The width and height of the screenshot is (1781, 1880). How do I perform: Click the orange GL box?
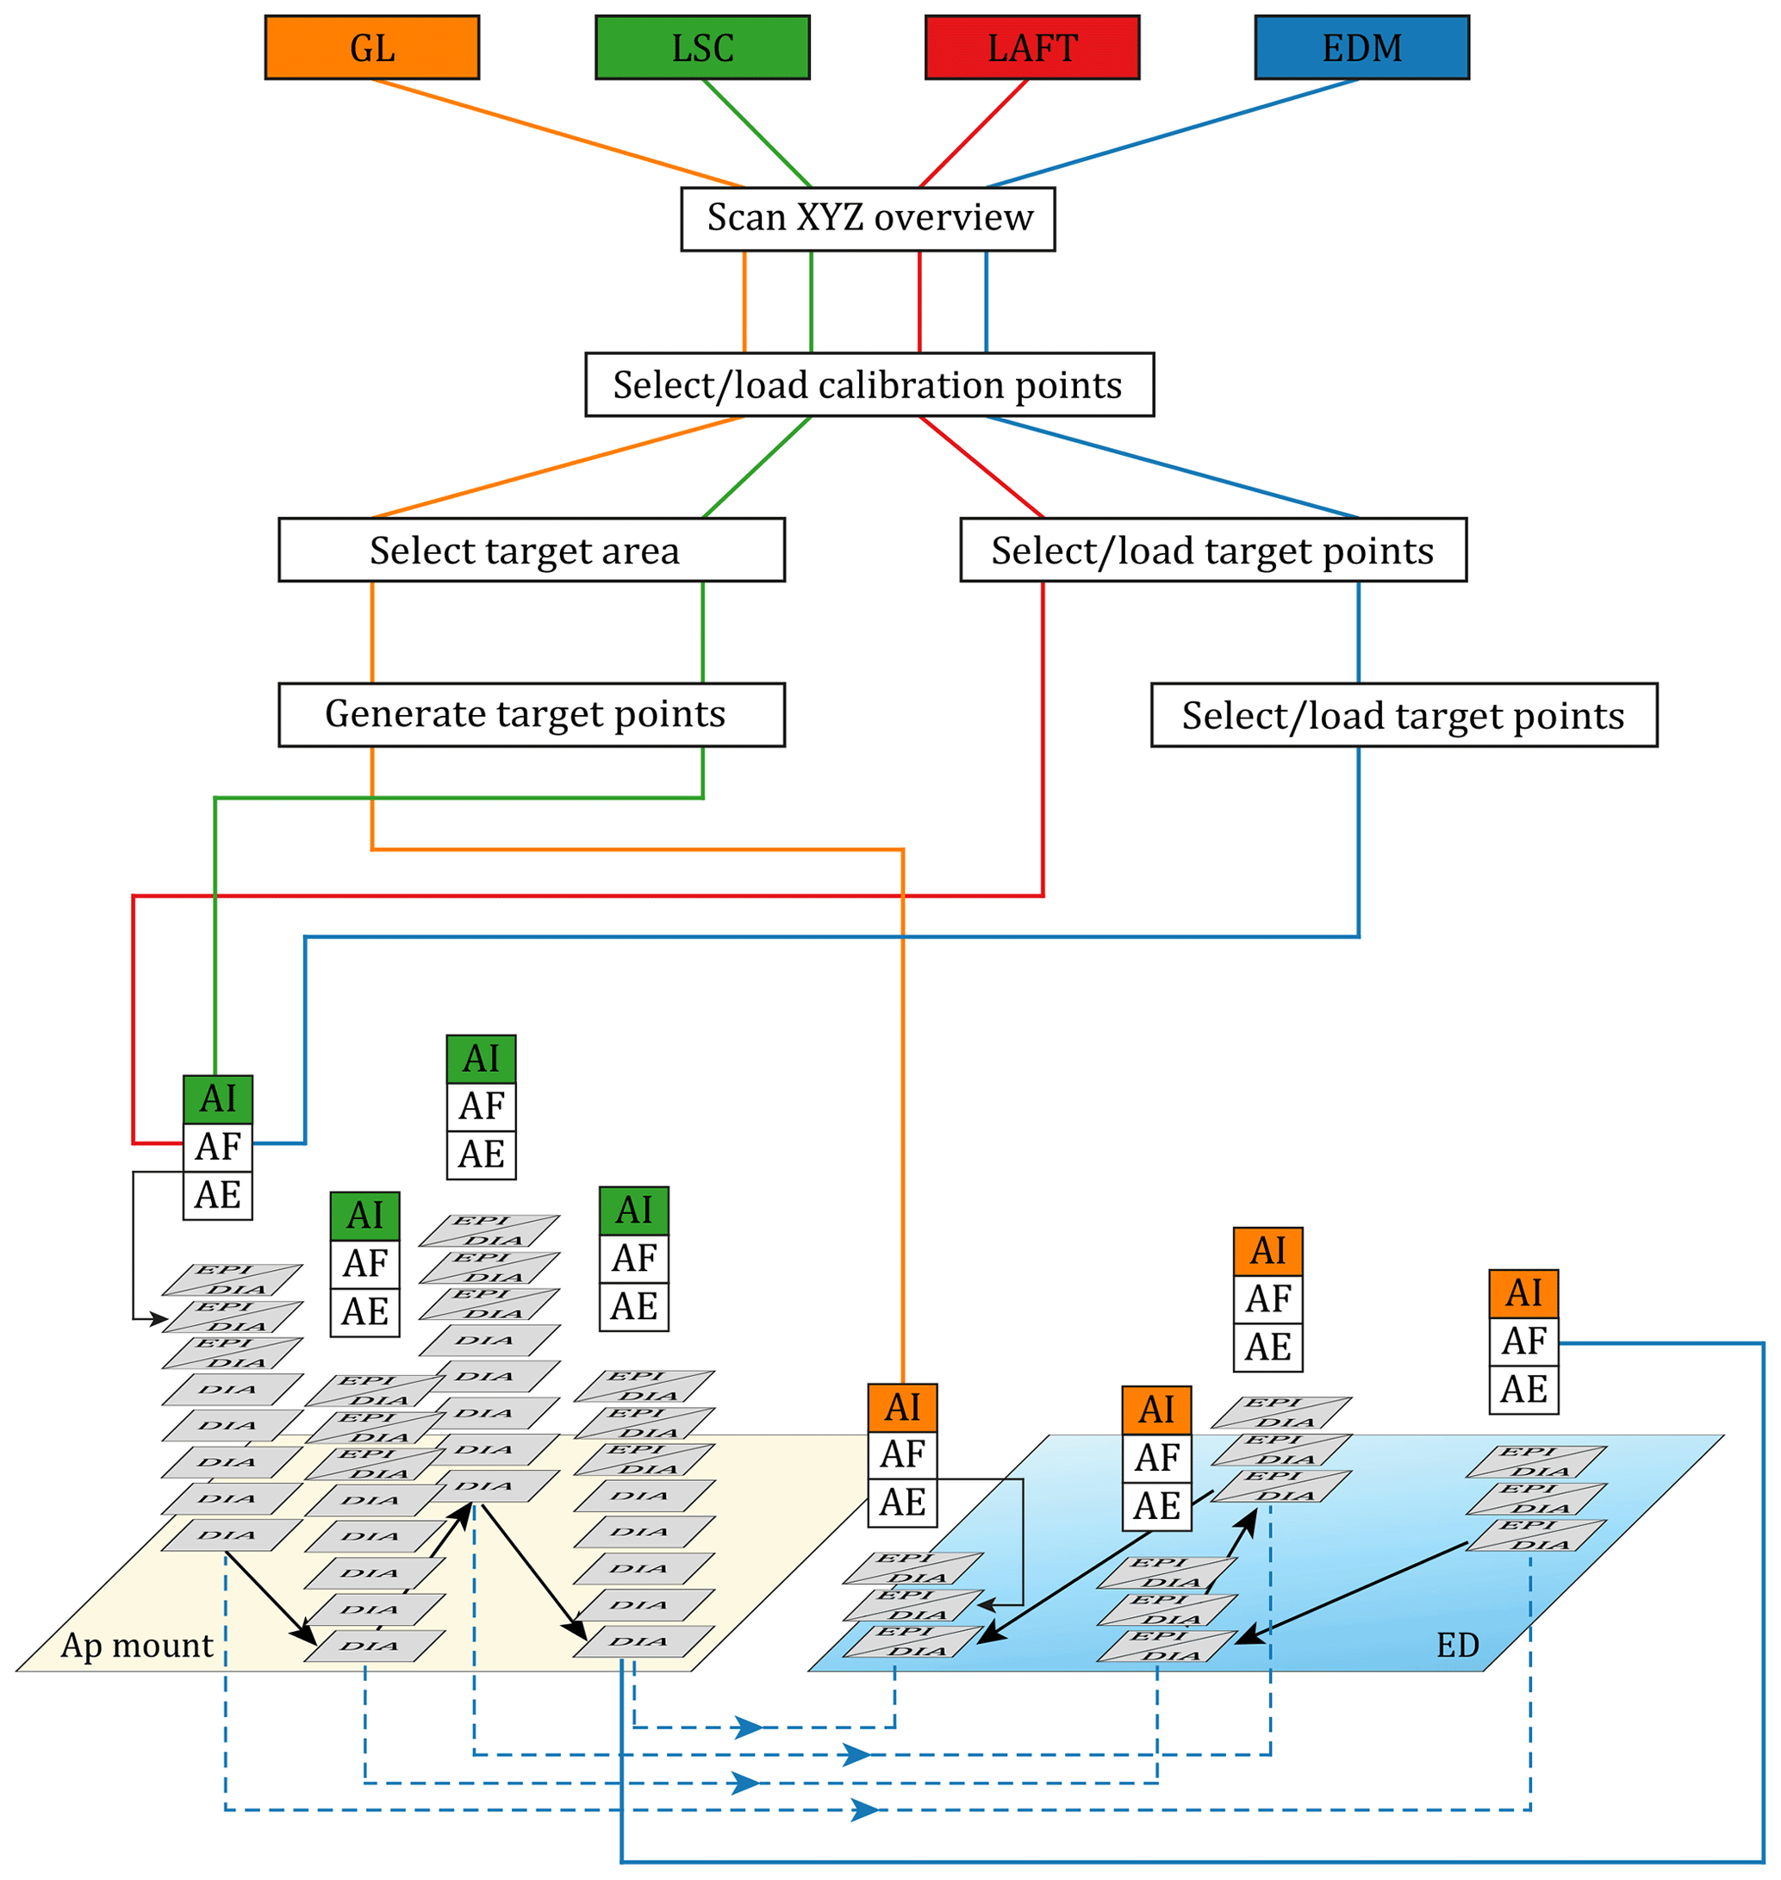pyautogui.click(x=371, y=47)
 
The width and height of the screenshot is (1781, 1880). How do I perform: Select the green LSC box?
pyautogui.click(x=701, y=47)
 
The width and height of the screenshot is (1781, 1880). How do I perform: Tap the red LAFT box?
pyautogui.click(x=1031, y=47)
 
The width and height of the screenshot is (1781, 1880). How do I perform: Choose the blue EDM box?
pyautogui.click(x=1361, y=47)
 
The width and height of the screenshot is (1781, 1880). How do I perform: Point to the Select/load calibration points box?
pyautogui.click(x=869, y=384)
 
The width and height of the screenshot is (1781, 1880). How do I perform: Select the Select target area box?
pyautogui.click(x=531, y=550)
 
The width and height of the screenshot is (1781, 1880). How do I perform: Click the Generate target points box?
pyautogui.click(x=531, y=715)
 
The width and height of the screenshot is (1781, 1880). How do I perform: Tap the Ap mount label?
pyautogui.click(x=137, y=1645)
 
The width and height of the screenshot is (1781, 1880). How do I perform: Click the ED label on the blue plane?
pyautogui.click(x=1457, y=1645)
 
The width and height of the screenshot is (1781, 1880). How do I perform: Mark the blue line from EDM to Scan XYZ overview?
pyautogui.click(x=1173, y=133)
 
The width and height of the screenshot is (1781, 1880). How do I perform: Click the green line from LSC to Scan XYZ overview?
pyautogui.click(x=757, y=133)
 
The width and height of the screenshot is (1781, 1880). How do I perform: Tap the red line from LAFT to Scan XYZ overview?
pyautogui.click(x=973, y=133)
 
